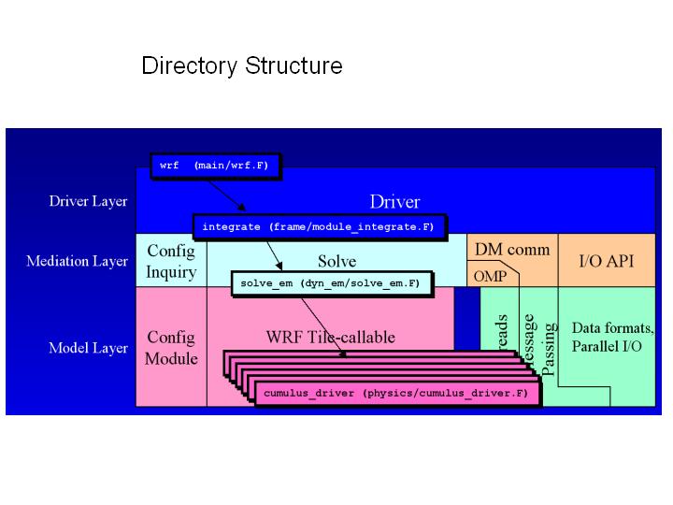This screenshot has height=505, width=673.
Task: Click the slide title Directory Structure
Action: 241,66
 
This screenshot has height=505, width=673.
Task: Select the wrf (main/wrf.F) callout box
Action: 214,166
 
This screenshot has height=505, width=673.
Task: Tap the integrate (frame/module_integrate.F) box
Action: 319,226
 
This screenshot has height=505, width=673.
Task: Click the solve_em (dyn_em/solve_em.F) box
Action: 329,282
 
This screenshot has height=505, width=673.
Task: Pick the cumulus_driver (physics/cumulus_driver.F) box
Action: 397,394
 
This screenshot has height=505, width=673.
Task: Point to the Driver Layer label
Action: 88,201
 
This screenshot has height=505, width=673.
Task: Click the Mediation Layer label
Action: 77,261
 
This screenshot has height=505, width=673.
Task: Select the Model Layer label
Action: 88,348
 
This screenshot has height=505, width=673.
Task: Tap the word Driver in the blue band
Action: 394,201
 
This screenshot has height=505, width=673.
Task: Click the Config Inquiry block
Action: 171,261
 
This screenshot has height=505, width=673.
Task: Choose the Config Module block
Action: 172,347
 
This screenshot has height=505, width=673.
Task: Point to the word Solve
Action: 336,261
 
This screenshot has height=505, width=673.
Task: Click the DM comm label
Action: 512,250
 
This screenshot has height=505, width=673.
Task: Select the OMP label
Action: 490,276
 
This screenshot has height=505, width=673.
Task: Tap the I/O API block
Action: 607,260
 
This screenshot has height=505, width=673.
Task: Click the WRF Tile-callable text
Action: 331,337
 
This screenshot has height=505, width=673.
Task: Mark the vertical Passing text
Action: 550,348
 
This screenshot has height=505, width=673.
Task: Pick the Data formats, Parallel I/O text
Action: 612,338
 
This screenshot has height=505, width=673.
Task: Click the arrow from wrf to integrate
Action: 223,194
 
